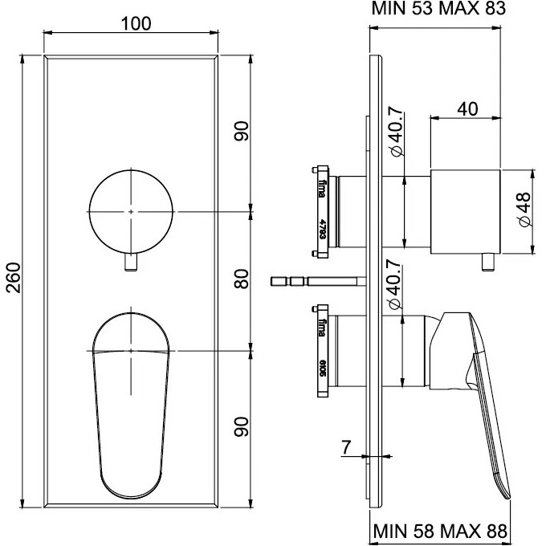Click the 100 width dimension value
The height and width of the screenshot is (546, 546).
[136, 23]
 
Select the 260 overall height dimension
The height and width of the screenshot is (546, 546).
[14, 279]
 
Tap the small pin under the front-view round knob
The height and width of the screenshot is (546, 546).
[132, 262]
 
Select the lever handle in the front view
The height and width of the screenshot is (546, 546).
[132, 401]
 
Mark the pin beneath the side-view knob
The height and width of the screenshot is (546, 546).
[486, 262]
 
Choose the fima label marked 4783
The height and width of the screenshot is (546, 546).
[322, 213]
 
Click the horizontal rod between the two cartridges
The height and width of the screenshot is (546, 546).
[321, 281]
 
